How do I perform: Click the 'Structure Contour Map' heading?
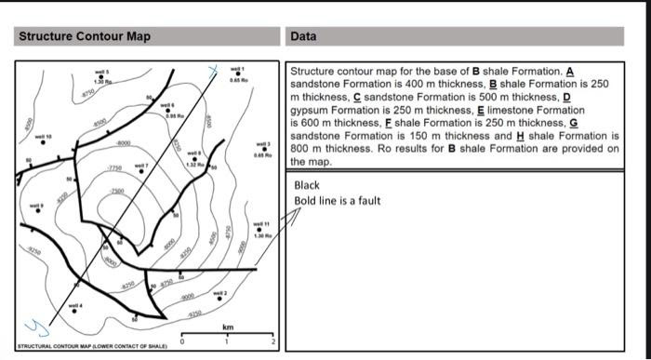click(85, 36)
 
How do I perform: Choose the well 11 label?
click(262, 223)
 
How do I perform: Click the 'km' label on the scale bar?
click(227, 327)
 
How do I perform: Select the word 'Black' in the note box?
click(306, 185)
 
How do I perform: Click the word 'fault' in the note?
click(367, 200)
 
